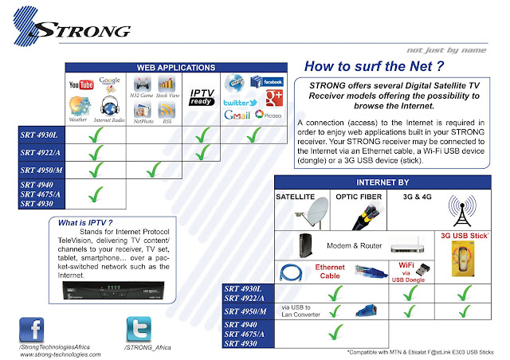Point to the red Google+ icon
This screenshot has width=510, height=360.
click(x=273, y=99)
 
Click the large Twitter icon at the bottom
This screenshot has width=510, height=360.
click(x=141, y=329)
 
